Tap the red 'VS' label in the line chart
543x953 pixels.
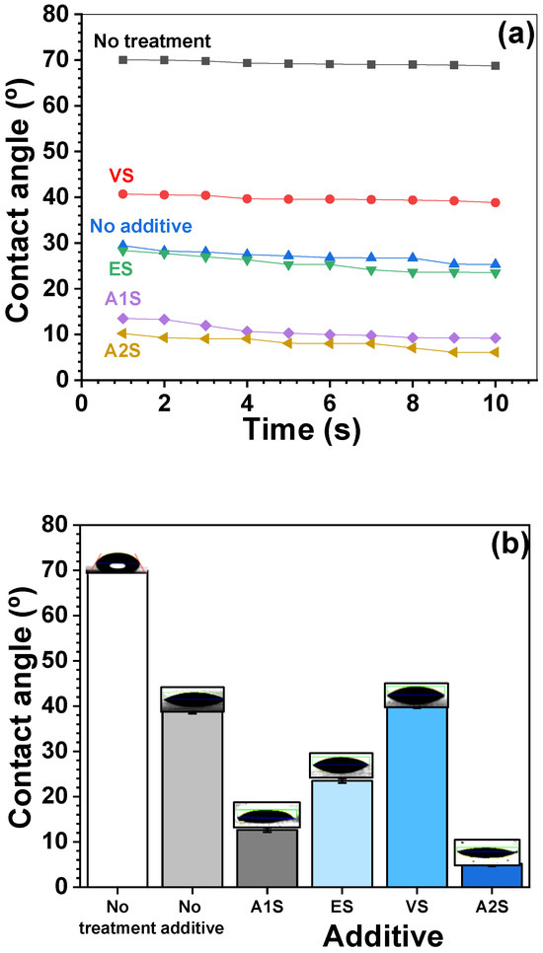click(x=120, y=175)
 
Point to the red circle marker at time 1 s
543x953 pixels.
click(x=122, y=193)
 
